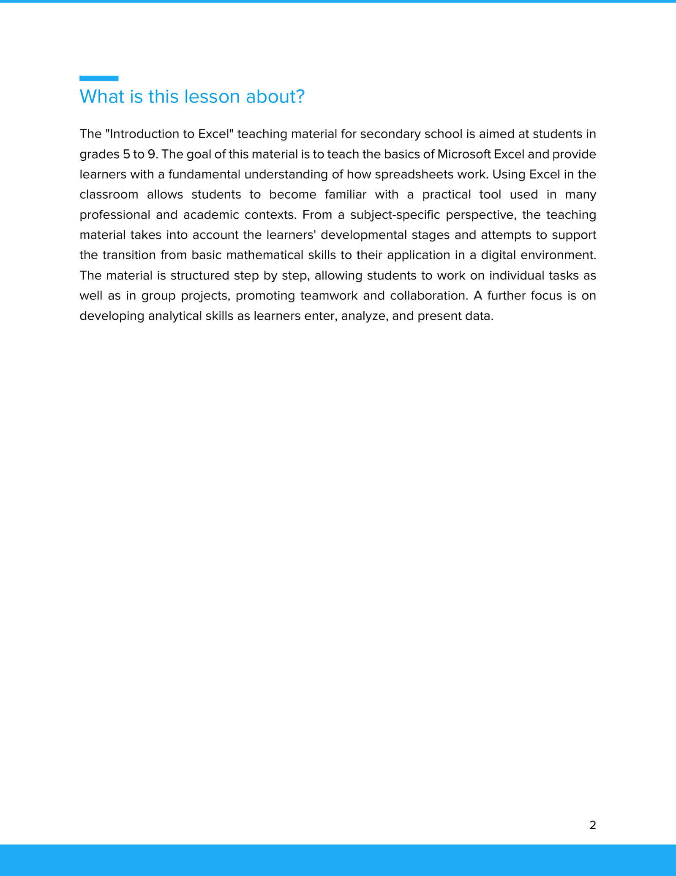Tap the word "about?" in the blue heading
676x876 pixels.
(x=275, y=97)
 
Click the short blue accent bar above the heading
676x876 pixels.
(x=99, y=78)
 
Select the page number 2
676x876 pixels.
(x=592, y=825)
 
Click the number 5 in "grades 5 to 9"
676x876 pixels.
(x=126, y=154)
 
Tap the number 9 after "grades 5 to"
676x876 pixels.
(x=152, y=154)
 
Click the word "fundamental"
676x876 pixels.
(x=204, y=175)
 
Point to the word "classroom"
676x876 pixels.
(x=109, y=195)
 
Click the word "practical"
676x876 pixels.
(x=446, y=195)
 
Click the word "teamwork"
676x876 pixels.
(x=329, y=296)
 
